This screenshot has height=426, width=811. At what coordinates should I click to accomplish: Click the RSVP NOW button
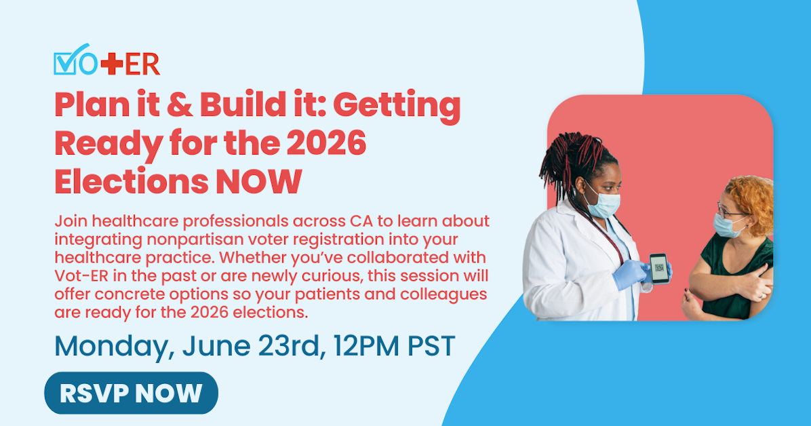(132, 393)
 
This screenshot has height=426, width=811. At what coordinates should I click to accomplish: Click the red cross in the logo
(112, 64)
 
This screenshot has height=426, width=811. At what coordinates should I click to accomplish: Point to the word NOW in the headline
(258, 181)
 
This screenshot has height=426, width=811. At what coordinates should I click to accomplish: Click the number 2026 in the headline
(326, 143)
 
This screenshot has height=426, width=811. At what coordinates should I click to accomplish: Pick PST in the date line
(431, 346)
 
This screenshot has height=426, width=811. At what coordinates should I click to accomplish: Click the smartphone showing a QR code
(659, 269)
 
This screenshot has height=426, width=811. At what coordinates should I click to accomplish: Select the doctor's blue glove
(632, 274)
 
